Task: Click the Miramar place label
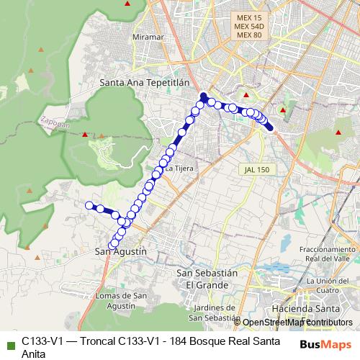(x=149, y=37)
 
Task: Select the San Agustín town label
(x=121, y=251)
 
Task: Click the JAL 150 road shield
(x=254, y=169)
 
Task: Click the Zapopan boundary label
(x=55, y=122)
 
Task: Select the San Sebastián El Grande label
(x=207, y=279)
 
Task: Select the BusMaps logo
(x=325, y=344)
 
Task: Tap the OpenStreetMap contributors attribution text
(x=297, y=322)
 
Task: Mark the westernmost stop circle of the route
(x=90, y=206)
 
